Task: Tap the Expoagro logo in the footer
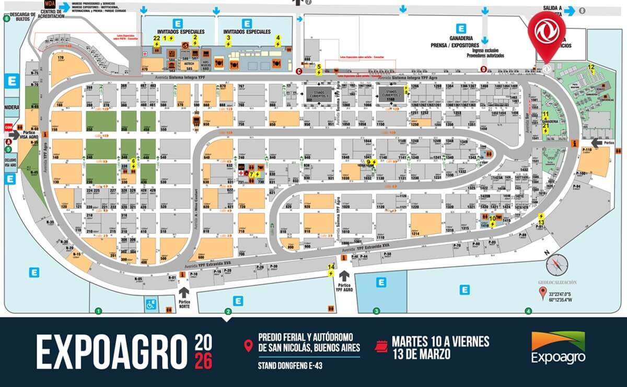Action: [558, 348]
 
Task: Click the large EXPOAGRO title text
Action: [111, 351]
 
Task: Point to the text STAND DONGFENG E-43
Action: [291, 366]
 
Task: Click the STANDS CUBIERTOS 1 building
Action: [320, 95]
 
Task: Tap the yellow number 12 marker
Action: [591, 67]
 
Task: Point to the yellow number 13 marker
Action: [541, 222]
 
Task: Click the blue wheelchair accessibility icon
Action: [150, 302]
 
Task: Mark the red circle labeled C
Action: [299, 72]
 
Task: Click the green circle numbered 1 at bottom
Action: [98, 312]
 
